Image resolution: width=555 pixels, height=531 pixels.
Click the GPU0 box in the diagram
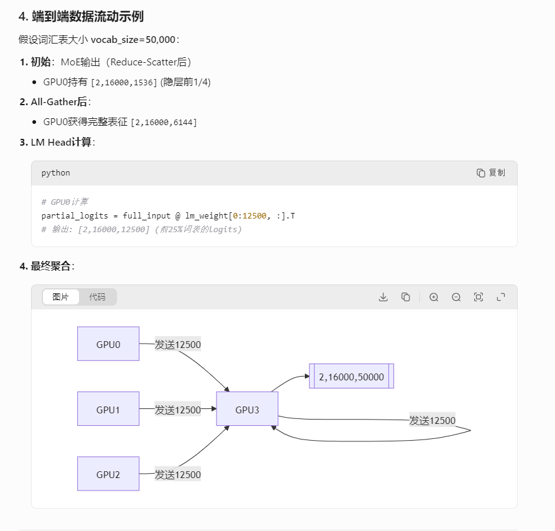108,344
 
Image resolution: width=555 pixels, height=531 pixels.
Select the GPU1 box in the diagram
108,409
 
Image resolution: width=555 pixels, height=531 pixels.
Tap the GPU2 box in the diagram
108,474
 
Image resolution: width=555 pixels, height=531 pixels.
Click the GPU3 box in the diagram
247,409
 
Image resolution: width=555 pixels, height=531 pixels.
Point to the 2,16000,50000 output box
352,377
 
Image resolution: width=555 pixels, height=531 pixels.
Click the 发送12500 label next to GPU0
178,344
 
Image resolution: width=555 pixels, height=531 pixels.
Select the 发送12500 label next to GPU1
178,410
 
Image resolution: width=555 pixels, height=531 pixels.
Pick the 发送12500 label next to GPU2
178,474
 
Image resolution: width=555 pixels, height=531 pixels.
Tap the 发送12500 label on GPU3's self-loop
432,420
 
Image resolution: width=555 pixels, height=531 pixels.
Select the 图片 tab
61,297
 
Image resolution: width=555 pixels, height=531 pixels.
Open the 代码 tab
97,297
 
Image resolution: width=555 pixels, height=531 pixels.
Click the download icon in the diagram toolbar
383,297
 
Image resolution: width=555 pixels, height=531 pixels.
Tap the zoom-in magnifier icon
434,297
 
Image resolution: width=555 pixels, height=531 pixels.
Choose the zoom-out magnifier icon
456,297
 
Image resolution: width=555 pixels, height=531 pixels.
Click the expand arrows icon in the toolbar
500,297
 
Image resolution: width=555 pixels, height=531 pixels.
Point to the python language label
56,172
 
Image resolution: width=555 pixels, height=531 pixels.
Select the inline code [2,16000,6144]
164,123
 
